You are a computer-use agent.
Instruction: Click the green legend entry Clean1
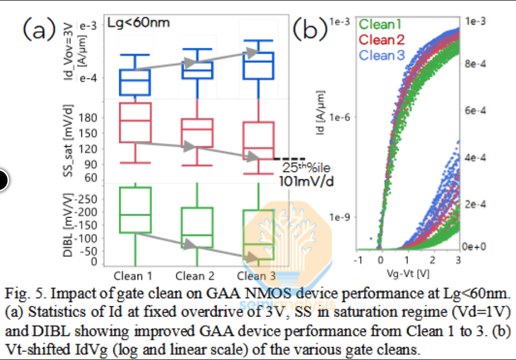pyautogui.click(x=381, y=24)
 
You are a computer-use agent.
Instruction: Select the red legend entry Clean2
pyautogui.click(x=382, y=39)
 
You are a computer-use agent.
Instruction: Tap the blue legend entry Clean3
pyautogui.click(x=382, y=55)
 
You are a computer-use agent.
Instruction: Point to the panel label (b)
pyautogui.click(x=310, y=30)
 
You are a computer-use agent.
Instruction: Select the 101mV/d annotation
pyautogui.click(x=306, y=181)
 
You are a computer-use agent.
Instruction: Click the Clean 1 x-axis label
pyautogui.click(x=133, y=276)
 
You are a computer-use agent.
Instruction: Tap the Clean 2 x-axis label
pyautogui.click(x=195, y=276)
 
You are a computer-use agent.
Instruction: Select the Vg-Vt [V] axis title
pyautogui.click(x=407, y=273)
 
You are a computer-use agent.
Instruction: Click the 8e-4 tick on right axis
pyautogui.click(x=475, y=63)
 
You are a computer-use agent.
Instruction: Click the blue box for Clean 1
pyautogui.click(x=135, y=82)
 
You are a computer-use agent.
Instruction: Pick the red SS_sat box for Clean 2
pyautogui.click(x=197, y=133)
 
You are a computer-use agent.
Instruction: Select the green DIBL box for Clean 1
pyautogui.click(x=135, y=210)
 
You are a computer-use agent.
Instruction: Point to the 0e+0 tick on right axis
pyautogui.click(x=474, y=246)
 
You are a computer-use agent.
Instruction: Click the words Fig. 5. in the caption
pyautogui.click(x=23, y=295)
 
